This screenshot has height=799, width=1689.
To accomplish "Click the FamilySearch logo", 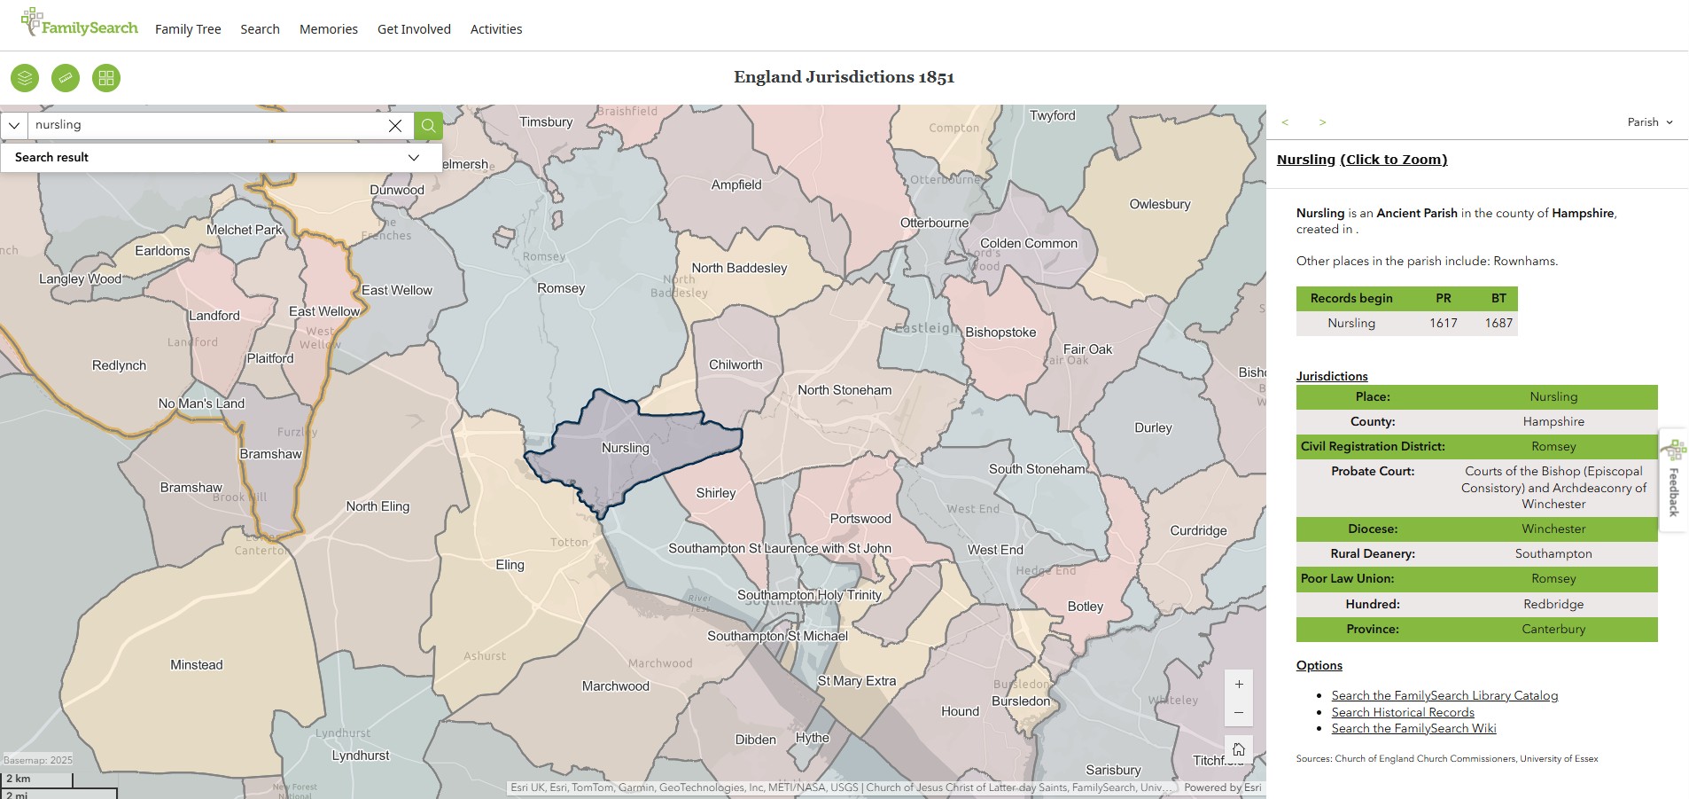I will click(80, 26).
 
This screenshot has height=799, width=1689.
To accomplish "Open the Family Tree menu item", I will click(188, 29).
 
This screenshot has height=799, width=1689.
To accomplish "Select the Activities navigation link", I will click(496, 29).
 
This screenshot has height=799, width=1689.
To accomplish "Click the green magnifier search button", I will click(428, 126).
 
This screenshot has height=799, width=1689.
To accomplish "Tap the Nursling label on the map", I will click(625, 448).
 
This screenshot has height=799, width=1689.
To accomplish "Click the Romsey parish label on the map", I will click(561, 288).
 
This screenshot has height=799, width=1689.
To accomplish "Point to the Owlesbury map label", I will click(1159, 204).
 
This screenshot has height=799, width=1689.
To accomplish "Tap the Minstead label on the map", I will click(197, 665).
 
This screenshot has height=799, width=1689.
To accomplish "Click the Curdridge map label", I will click(1198, 530).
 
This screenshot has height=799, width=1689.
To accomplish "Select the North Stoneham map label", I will click(844, 390).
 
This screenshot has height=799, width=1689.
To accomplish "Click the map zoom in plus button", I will click(1238, 684).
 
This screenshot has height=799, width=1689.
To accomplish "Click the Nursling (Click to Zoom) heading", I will click(1361, 160).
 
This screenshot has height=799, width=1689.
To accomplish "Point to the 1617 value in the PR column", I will click(1443, 323).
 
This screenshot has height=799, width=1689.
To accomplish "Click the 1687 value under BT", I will click(1498, 323).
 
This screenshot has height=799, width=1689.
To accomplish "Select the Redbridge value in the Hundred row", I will click(1553, 604).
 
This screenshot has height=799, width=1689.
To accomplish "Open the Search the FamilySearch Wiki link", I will click(1413, 728).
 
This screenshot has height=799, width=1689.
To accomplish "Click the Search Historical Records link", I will click(1402, 712).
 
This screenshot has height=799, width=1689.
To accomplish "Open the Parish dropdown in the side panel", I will click(1649, 122).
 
